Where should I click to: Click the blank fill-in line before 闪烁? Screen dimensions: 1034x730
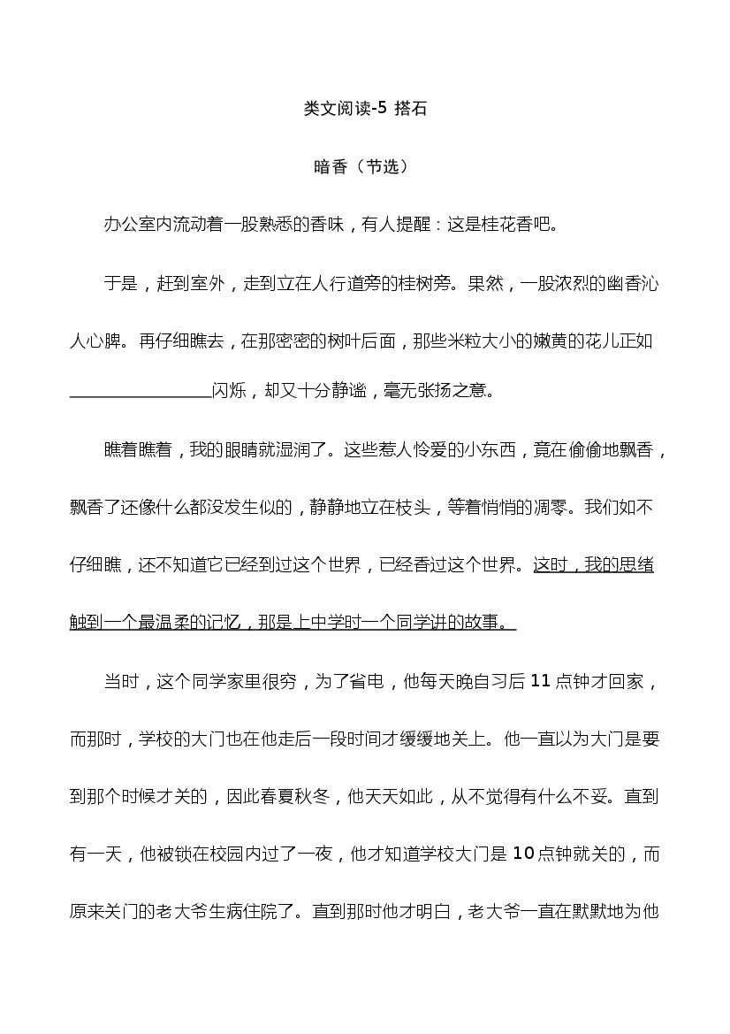coord(141,391)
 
